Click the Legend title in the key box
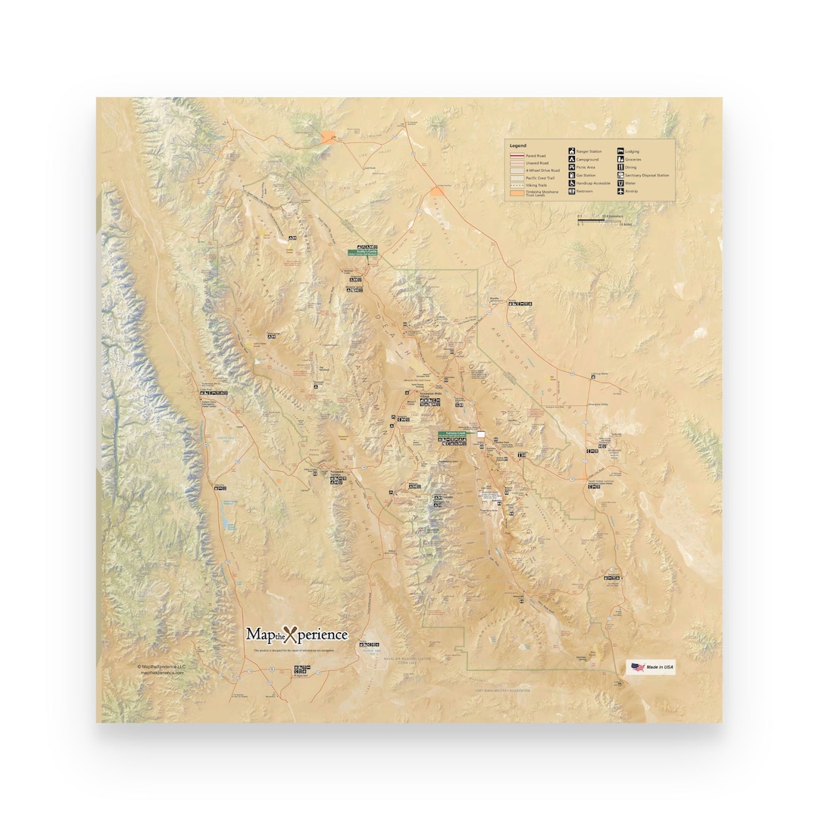click(518, 145)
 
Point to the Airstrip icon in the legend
click(620, 192)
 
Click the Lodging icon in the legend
click(620, 151)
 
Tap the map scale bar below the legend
click(591, 220)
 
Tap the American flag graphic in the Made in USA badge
click(636, 667)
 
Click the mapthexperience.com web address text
click(162, 673)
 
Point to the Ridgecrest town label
click(301, 676)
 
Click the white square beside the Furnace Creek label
click(480, 435)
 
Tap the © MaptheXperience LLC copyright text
click(161, 667)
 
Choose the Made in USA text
click(660, 667)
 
